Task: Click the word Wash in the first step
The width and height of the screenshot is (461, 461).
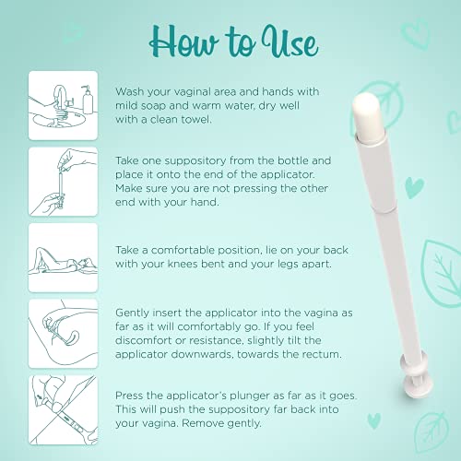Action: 131,92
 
